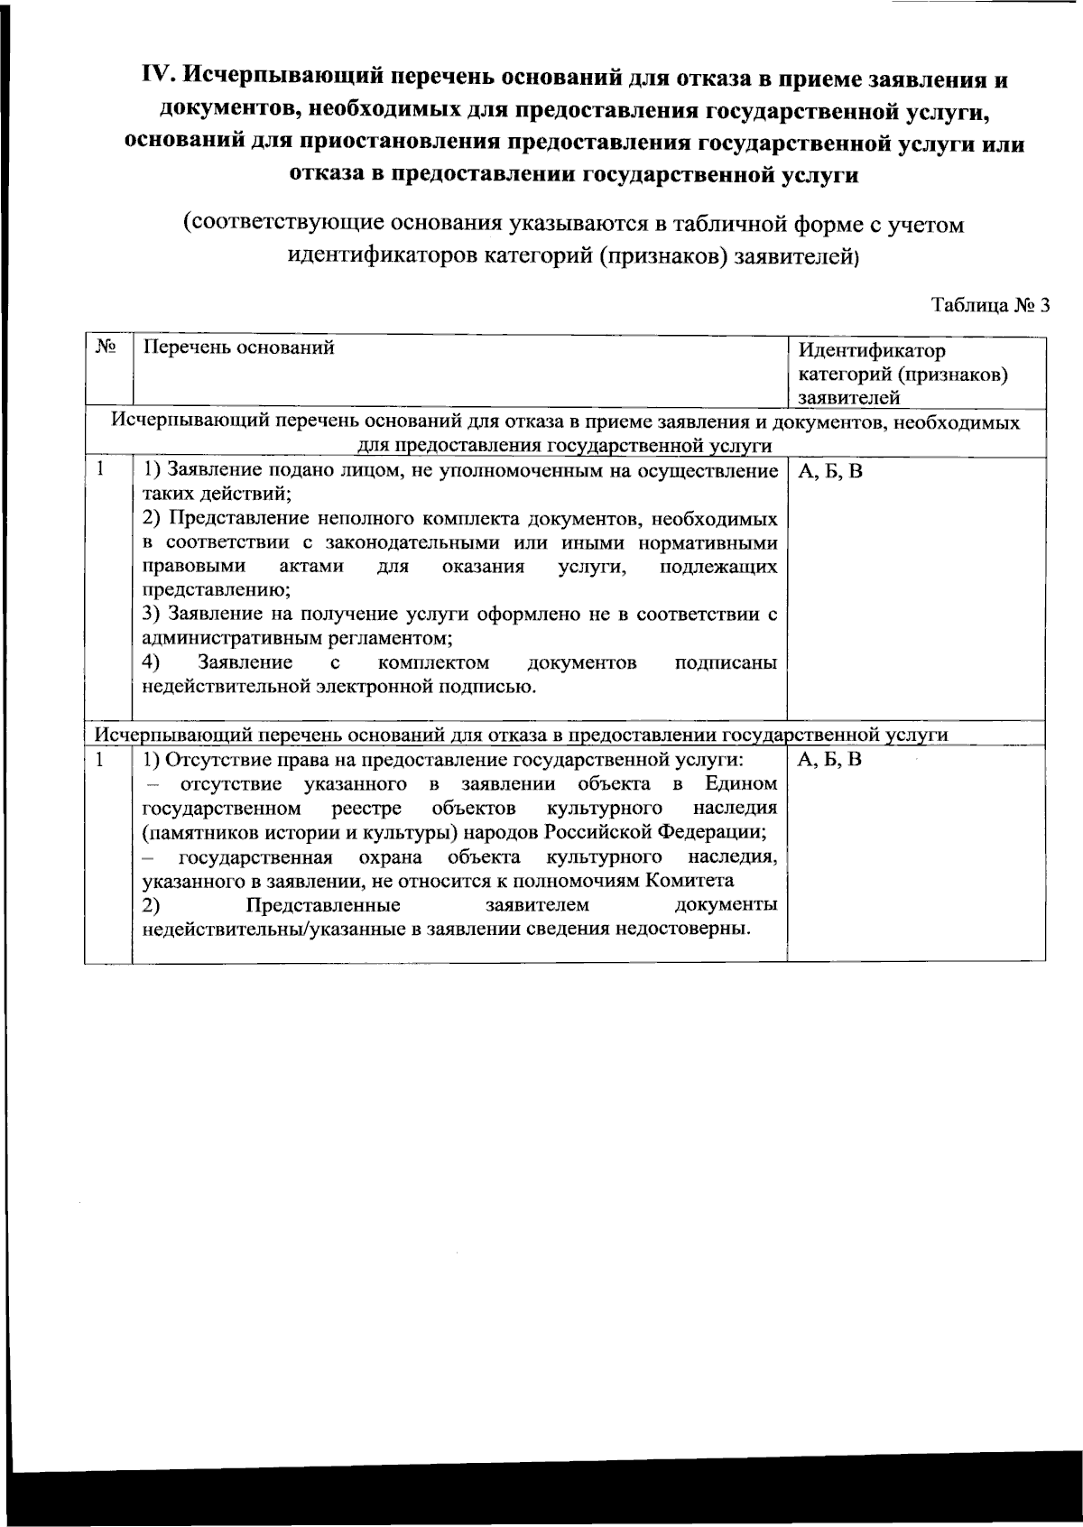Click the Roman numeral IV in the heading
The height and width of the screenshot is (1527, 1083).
coord(159,79)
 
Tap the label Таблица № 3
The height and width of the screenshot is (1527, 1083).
coord(990,305)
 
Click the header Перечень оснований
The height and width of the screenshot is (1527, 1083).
coord(239,347)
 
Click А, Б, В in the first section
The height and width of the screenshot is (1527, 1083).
coord(829,471)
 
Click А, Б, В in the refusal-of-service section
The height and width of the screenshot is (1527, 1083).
coord(829,759)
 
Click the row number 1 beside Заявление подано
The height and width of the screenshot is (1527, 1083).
coord(101,469)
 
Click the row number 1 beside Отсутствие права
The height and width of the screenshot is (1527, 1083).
coord(101,759)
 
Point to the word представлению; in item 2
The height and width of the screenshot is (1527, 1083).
coord(217,591)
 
